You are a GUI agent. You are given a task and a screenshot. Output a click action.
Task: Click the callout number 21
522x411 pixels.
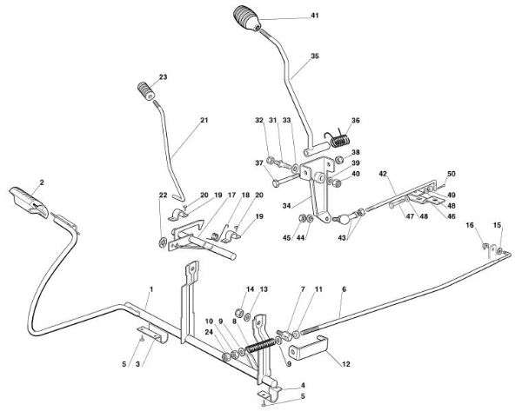(x=180, y=119)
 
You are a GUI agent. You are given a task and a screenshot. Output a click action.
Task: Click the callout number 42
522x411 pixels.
(x=382, y=174)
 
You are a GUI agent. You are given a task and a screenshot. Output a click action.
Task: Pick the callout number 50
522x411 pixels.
(x=452, y=174)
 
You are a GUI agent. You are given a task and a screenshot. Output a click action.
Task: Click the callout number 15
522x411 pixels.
(x=498, y=225)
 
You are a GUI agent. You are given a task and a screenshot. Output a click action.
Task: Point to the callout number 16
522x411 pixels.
(x=470, y=225)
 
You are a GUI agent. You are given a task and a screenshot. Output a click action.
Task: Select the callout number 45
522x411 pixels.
(x=288, y=238)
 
